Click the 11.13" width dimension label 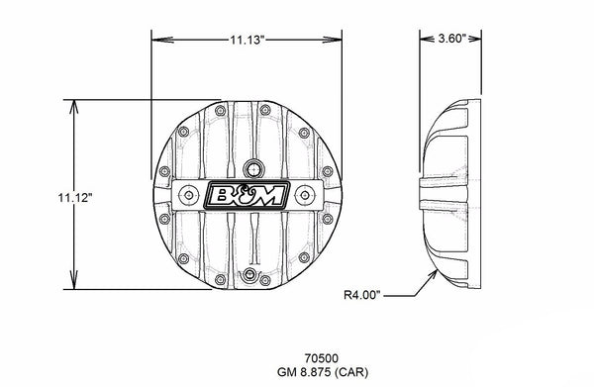(247, 40)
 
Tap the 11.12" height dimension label (75, 197)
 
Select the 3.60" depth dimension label (451, 39)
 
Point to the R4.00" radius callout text (361, 295)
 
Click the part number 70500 (322, 358)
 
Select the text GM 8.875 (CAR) (323, 372)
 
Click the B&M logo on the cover (247, 195)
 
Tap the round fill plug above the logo (252, 168)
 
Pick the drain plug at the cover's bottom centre (249, 274)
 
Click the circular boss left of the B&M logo (188, 195)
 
